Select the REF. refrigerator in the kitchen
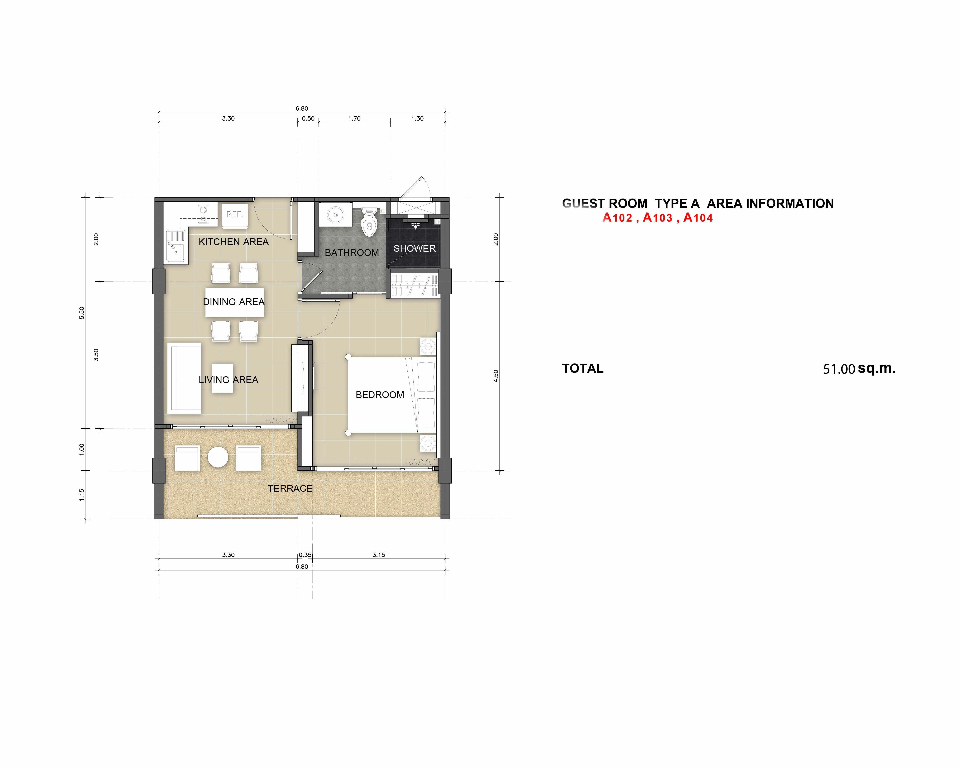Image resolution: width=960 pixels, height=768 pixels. coord(235,215)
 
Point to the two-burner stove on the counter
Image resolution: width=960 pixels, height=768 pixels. coord(203,213)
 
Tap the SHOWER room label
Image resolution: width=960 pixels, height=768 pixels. coord(415,248)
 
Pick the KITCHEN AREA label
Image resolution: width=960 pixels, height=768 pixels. coord(234,242)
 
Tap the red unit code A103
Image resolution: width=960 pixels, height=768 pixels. coord(658,218)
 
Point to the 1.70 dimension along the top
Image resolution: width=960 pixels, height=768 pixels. coord(354,118)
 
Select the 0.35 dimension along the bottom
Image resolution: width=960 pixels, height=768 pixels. coord(305,555)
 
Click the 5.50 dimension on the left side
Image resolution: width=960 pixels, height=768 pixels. coord(81,313)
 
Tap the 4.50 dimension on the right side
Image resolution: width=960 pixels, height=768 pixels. coord(496,376)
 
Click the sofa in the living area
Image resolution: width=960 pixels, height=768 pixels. coord(184,378)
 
